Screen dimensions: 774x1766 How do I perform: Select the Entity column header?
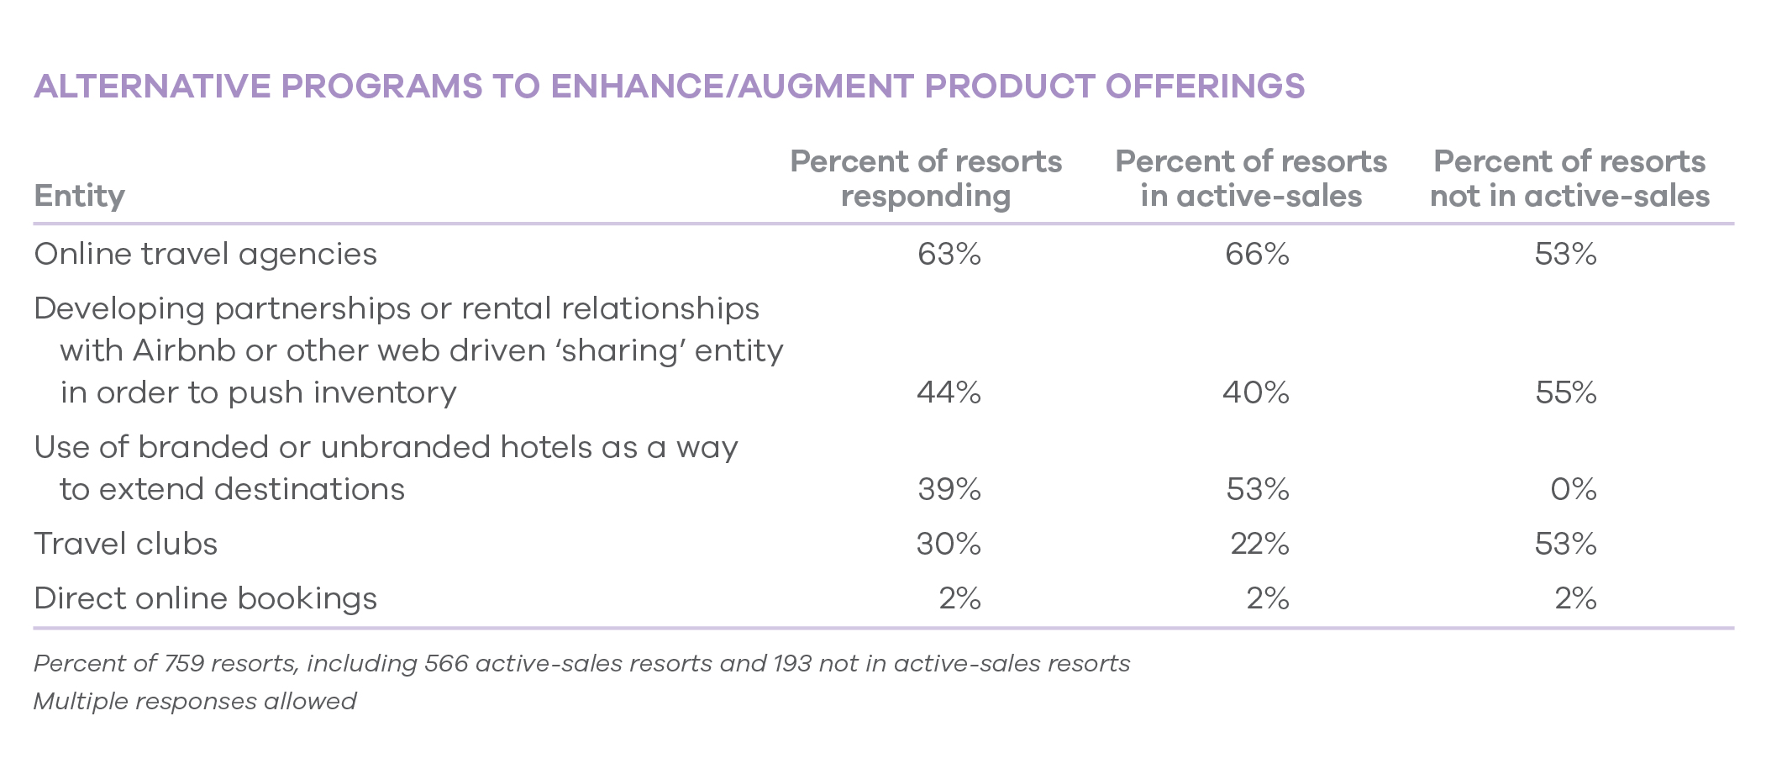pos(79,196)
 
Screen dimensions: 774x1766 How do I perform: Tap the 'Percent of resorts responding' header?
pos(926,178)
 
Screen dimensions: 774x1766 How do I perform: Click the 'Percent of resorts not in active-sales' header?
pos(1569,178)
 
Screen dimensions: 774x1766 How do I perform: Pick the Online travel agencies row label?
pos(205,254)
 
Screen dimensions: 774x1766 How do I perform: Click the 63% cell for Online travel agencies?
pos(949,254)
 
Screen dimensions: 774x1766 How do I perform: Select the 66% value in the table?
pos(1257,254)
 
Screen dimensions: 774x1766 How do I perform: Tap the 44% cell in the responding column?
pos(949,392)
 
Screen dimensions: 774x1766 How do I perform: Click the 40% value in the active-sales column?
pos(1256,392)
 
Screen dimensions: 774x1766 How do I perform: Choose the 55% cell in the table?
pos(1566,392)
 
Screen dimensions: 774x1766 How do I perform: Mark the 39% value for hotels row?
pos(949,489)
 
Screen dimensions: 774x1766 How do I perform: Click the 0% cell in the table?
pos(1574,489)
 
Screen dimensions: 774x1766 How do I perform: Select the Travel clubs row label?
pos(125,544)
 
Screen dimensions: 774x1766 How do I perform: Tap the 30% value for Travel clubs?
pos(949,544)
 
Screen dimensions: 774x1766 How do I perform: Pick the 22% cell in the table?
pos(1259,544)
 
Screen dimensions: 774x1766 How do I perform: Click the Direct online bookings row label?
pos(205,598)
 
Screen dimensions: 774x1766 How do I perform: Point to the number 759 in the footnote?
pos(184,664)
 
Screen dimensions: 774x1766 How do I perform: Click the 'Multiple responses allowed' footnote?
pos(195,701)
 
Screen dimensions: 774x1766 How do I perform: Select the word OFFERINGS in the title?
pos(1205,87)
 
